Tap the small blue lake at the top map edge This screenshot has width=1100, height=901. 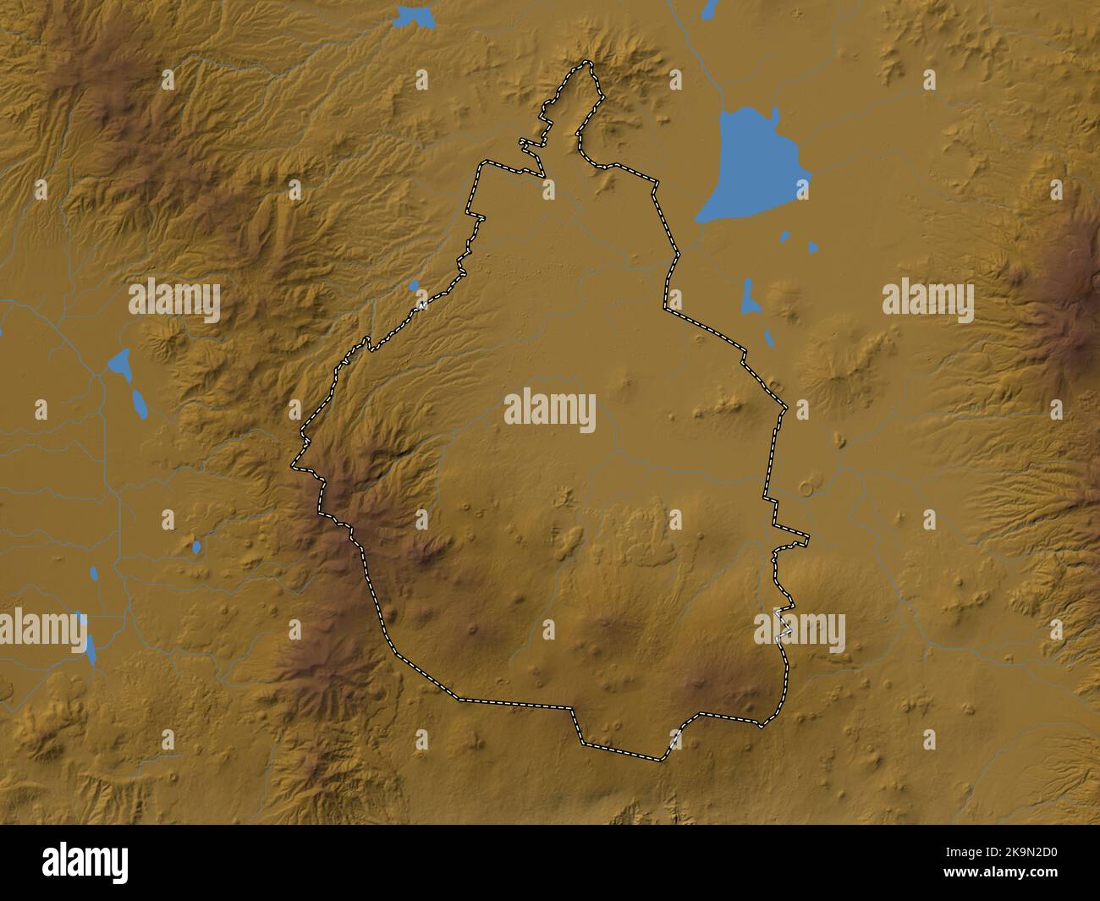point(415,15)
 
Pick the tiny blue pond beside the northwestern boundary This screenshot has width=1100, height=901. point(413,285)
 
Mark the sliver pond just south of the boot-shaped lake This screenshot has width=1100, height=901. point(769,338)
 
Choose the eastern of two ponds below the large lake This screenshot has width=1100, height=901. point(812,247)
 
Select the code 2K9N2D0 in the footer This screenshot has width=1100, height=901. point(1008,855)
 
